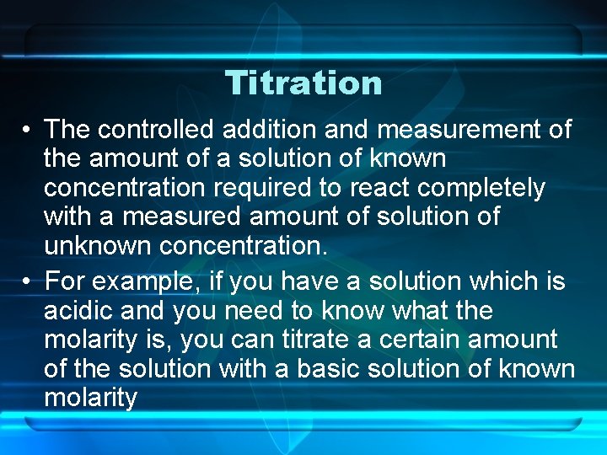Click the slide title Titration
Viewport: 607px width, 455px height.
click(303, 83)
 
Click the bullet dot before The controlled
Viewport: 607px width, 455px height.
click(29, 131)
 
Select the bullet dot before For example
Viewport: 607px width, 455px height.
click(29, 282)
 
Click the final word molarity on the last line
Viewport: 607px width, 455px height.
click(89, 398)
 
